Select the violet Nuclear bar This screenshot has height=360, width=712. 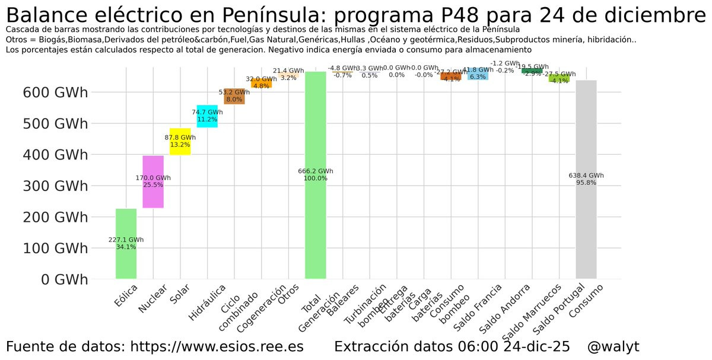tap(153, 196)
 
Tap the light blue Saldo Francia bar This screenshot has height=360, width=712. tap(478, 74)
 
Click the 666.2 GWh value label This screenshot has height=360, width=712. tap(315, 171)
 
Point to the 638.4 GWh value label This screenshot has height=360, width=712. tap(586, 176)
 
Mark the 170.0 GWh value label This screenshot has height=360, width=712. tap(153, 177)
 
